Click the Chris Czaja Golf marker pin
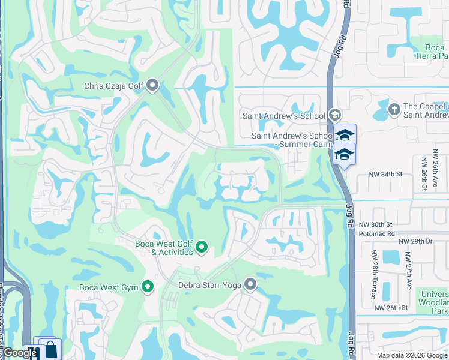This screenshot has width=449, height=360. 152,86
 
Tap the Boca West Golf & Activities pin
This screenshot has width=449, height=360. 202,247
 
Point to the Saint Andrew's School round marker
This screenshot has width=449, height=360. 335,115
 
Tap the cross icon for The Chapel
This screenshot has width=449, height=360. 394,109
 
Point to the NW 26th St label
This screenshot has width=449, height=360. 391,308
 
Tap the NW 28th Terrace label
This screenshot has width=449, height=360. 374,275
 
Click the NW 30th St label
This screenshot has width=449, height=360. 376,224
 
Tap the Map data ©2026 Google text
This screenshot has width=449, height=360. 411,355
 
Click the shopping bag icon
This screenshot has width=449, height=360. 52,349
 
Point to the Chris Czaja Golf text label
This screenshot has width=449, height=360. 114,86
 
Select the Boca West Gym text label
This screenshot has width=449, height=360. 109,288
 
